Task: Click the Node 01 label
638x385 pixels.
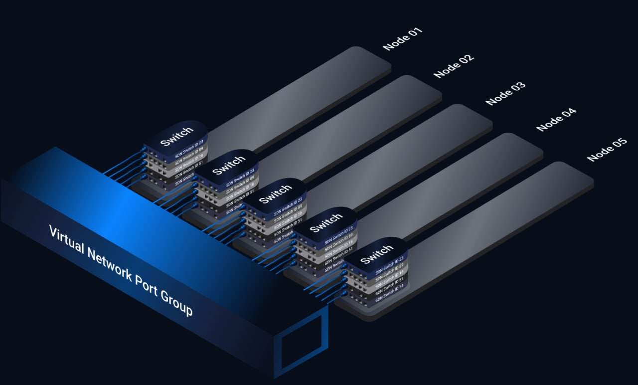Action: (402, 39)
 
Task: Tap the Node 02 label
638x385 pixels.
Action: (453, 66)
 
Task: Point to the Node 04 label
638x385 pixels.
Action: (556, 120)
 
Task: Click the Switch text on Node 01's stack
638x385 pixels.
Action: (176, 137)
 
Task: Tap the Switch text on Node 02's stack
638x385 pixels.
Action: (229, 165)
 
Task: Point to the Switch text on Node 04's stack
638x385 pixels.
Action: (326, 223)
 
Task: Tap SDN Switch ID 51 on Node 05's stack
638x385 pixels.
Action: (389, 286)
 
